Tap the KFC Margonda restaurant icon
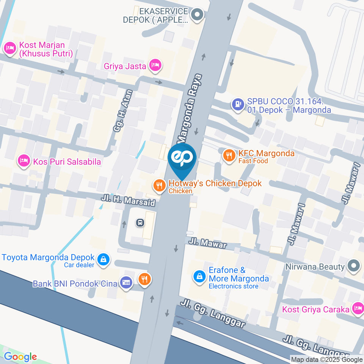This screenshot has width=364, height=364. coord(229,155)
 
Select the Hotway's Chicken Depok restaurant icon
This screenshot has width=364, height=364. coord(158,185)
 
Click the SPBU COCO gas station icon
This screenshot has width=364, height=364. coord(238,104)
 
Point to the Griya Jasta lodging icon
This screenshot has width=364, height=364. coord(155,66)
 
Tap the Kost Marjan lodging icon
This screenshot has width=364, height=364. coord(9,48)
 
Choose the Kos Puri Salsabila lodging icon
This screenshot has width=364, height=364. coord(24,161)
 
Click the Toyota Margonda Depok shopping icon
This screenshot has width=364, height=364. coord(102,260)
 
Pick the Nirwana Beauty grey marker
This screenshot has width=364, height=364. coord(353,266)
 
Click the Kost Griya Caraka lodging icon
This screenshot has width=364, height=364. coord(357,309)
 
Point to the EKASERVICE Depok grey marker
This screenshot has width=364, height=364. coord(197,15)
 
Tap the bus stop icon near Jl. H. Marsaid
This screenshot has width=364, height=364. coord(140,223)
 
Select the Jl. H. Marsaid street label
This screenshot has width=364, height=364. coord(128,200)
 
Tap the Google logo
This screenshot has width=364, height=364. coord(20,357)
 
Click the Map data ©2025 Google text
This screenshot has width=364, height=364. coord(327,359)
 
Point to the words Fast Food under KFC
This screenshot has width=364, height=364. coord(253,161)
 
